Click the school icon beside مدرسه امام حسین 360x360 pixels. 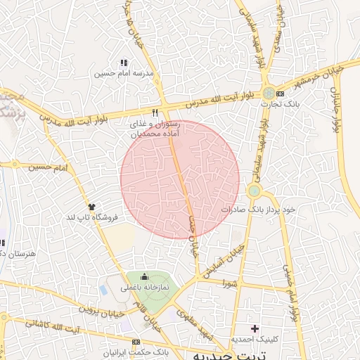pyautogui.click(x=124, y=63)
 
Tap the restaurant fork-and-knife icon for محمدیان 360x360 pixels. pyautogui.click(x=155, y=112)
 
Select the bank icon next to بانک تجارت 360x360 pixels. pyautogui.click(x=281, y=93)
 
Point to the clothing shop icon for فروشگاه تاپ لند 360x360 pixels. pyautogui.click(x=91, y=206)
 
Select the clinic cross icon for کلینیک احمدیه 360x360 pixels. pyautogui.click(x=255, y=328)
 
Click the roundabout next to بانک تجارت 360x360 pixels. pyautogui.click(x=269, y=93)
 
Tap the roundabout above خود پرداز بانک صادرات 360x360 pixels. pyautogui.click(x=254, y=191)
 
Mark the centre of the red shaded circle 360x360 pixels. pyautogui.click(x=180, y=179)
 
